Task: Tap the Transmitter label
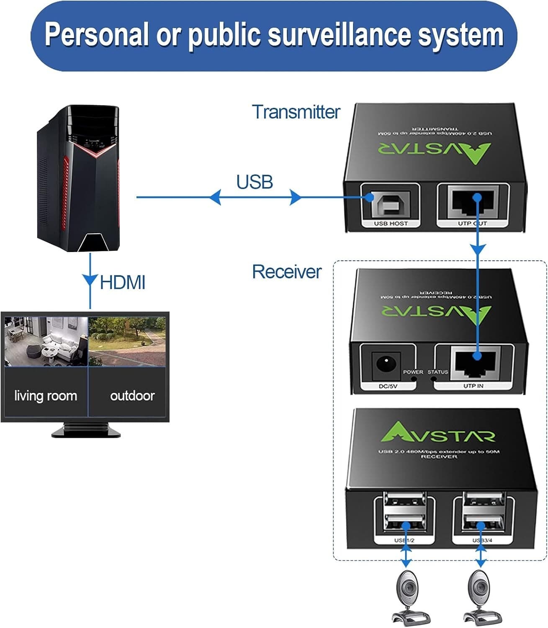[x=296, y=112]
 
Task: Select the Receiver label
[x=286, y=272]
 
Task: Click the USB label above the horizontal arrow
[x=255, y=182]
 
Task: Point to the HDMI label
[x=122, y=283]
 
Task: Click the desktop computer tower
[x=78, y=179]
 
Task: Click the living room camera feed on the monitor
[x=46, y=341]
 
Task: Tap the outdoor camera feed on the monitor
[x=128, y=341]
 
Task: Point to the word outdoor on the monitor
[x=132, y=396]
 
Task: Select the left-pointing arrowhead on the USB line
[x=215, y=197]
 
